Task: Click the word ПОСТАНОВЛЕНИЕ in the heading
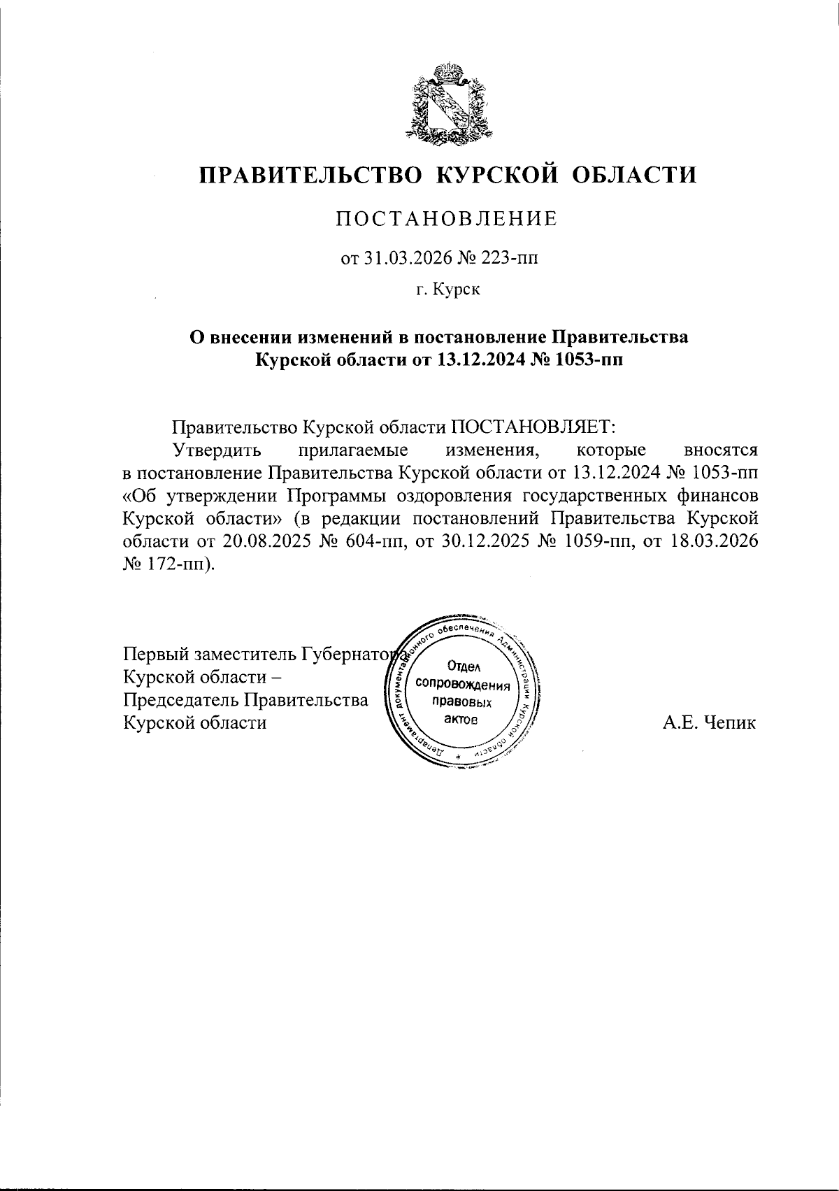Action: [x=448, y=219]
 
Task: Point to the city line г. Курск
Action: [x=448, y=289]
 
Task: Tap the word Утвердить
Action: [x=217, y=449]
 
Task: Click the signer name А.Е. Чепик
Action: [x=709, y=722]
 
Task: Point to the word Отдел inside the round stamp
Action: [x=463, y=667]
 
